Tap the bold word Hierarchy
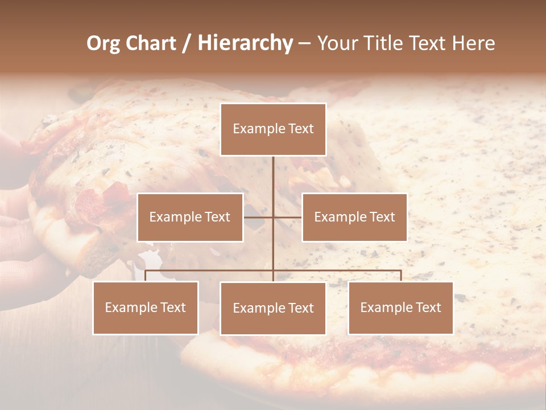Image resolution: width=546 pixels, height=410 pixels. point(245,43)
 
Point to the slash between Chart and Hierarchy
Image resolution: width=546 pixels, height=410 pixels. point(187,44)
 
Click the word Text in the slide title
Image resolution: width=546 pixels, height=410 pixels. point(428,43)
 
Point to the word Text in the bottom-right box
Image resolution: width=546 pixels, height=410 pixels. point(428,307)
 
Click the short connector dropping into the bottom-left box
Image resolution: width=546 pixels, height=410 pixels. point(146,276)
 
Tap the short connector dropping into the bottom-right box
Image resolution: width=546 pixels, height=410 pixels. point(401,276)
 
